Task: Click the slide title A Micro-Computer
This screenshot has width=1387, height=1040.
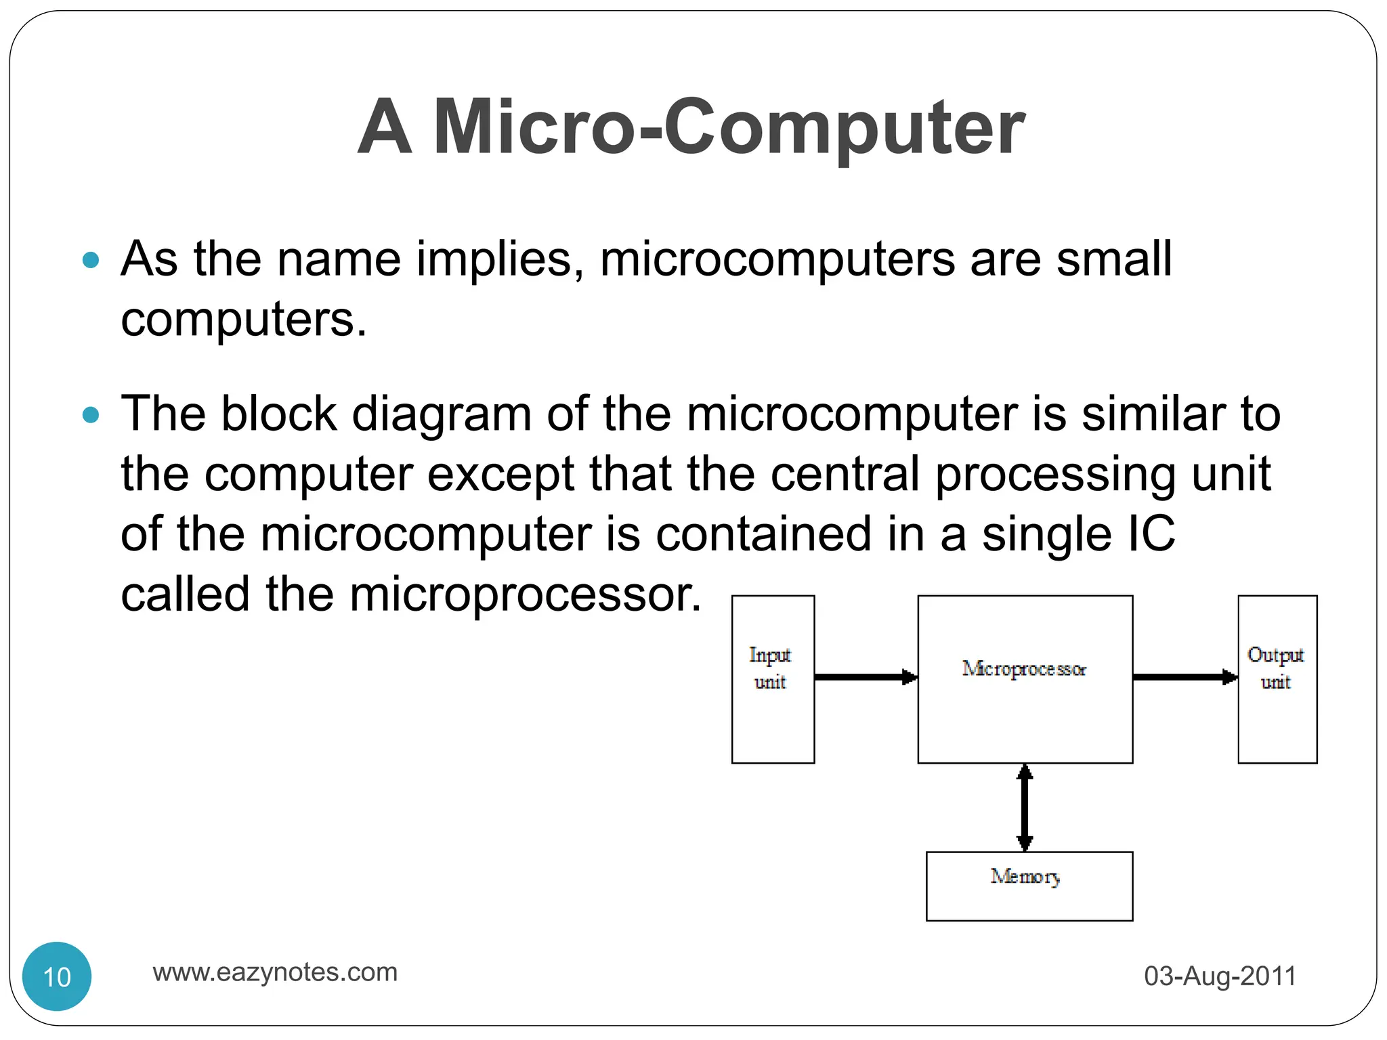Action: (691, 127)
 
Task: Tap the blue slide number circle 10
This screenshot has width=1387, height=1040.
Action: (57, 976)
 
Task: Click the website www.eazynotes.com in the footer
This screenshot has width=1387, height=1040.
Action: (275, 972)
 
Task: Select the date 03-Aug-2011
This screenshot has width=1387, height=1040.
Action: (1220, 976)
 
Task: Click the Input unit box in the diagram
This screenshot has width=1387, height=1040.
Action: (773, 679)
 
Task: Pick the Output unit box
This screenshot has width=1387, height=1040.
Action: (1277, 679)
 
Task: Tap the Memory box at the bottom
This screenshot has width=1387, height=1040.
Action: (1029, 886)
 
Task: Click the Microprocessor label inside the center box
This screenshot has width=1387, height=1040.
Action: (1024, 669)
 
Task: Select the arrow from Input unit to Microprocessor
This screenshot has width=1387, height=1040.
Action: (866, 676)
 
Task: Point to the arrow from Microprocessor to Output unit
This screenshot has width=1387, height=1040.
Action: (1185, 676)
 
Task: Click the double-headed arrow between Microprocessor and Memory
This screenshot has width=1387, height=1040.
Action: (1025, 807)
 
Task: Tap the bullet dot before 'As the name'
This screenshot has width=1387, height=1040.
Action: (90, 260)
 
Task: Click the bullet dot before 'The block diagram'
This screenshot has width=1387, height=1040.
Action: (90, 414)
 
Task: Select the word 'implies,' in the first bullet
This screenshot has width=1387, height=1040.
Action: (500, 259)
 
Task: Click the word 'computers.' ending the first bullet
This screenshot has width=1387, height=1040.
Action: (244, 319)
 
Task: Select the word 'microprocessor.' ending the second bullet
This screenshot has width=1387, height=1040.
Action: (525, 594)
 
